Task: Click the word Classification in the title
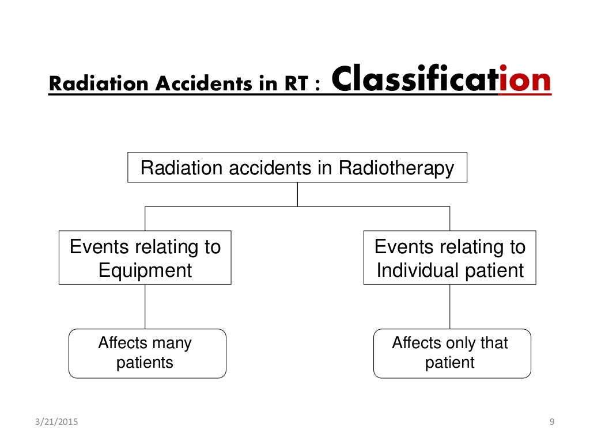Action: coord(441,81)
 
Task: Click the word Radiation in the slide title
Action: coord(84,84)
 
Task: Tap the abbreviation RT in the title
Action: coord(294,84)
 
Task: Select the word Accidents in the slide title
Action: coord(173,84)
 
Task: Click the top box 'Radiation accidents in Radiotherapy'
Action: coord(297,167)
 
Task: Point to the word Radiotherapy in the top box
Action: coord(396,168)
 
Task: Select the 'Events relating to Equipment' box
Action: coord(145,258)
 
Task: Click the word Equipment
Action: coord(145,270)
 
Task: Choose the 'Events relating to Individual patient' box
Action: coord(450,258)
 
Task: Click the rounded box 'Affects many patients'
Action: coord(147,353)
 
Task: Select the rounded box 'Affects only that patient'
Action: coord(452,353)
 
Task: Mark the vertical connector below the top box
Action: coord(297,195)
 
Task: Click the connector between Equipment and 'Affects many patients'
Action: coord(145,307)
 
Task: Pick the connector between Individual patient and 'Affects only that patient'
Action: coord(450,307)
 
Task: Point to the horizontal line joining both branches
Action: coord(230,206)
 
